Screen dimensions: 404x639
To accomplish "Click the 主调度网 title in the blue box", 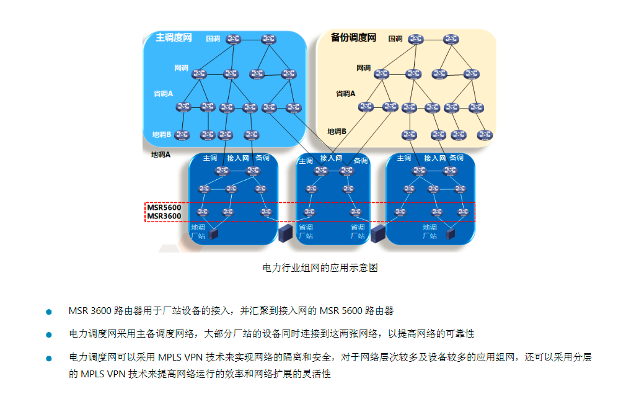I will coord(174,38).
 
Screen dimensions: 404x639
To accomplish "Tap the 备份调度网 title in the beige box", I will coord(353,38).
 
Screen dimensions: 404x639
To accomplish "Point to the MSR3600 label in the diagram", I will coord(164,217).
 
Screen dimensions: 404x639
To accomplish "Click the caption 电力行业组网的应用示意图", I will coord(320,268).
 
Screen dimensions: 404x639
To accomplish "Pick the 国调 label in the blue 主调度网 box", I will coord(213,38).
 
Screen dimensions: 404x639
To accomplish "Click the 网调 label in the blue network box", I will coord(181,68).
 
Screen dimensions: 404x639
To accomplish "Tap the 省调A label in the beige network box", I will coord(345,94).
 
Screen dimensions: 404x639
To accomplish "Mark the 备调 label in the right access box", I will coord(456,158).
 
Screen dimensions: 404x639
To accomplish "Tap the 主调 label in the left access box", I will coord(209,158).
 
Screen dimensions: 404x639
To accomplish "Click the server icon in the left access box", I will coord(214,234).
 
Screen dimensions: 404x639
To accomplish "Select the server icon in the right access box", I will coord(451,234).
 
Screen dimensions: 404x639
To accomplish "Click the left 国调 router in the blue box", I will coord(234,39).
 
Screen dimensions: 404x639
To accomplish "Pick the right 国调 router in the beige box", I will coord(451,39).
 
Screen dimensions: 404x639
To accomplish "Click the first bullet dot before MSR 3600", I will coord(49,311).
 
